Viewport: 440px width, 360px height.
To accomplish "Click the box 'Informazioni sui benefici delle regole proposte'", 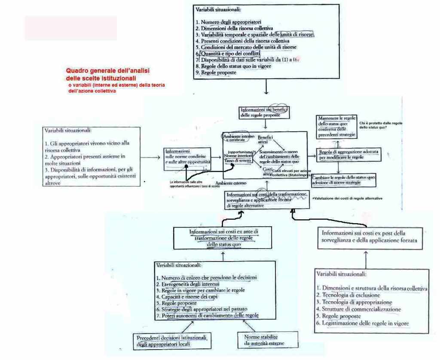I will tap(264, 113).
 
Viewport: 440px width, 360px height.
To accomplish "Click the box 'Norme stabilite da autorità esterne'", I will tap(264, 340).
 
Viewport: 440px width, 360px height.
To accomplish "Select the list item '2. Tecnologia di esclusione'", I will tap(348, 295).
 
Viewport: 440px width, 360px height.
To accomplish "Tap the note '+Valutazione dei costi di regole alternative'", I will tap(347, 198).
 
